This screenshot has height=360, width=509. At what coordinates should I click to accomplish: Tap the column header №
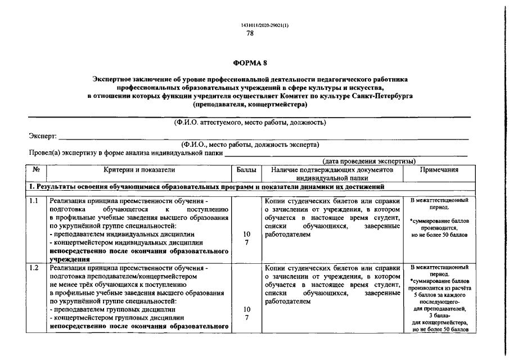[36, 169]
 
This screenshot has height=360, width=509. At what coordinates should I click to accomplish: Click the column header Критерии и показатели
[139, 169]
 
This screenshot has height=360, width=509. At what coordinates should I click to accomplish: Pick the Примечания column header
[439, 169]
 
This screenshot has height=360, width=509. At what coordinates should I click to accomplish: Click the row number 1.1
[34, 201]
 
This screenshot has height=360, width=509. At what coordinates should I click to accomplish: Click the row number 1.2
[34, 268]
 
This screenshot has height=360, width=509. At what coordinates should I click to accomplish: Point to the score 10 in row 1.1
[246, 233]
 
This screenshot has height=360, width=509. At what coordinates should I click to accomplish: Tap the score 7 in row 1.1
[246, 242]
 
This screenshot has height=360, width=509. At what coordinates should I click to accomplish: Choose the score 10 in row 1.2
[246, 309]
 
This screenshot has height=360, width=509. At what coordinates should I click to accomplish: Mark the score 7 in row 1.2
[246, 318]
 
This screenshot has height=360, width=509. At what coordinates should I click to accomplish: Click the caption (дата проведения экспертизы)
[369, 161]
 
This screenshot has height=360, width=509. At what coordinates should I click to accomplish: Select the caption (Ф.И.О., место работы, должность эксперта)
[250, 145]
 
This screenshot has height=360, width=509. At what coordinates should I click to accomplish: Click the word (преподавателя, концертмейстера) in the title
[250, 105]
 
